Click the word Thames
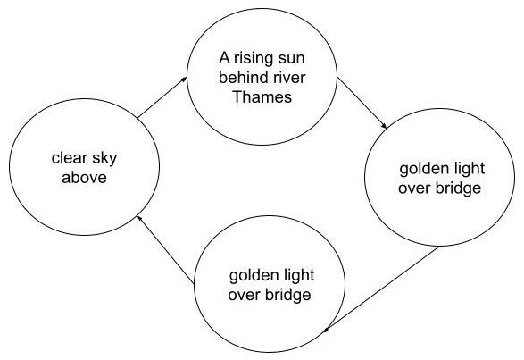(262, 97)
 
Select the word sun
(289, 60)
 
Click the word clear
(70, 157)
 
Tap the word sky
(104, 159)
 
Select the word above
(84, 178)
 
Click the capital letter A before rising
(225, 58)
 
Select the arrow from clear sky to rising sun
(162, 97)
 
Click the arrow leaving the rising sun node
(362, 103)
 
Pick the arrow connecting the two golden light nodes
(380, 289)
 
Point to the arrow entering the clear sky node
(166, 249)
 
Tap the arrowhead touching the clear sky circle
(140, 219)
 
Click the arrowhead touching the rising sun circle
(184, 79)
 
